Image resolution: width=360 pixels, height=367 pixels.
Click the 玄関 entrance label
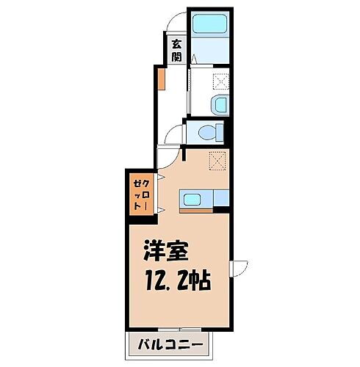click(x=176, y=49)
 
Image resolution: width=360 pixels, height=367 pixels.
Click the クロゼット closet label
click(x=138, y=195)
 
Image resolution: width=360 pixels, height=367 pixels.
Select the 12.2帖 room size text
click(x=175, y=283)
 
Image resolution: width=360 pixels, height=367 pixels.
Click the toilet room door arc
click(x=173, y=134)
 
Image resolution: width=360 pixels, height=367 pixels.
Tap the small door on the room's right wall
click(x=240, y=269)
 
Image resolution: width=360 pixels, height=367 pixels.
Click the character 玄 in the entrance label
click(x=176, y=43)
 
